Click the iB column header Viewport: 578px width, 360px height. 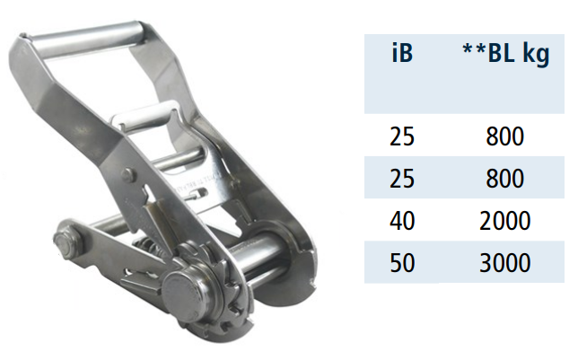(x=402, y=53)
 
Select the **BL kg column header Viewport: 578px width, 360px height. (x=506, y=55)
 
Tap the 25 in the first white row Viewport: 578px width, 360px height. (x=402, y=136)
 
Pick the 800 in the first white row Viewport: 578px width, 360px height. (x=505, y=136)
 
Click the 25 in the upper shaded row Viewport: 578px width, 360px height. (x=402, y=179)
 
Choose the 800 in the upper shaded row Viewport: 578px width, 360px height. (x=505, y=179)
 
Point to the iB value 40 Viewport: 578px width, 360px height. (x=402, y=221)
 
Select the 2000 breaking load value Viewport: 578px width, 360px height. (x=505, y=221)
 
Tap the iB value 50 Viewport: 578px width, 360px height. (x=402, y=263)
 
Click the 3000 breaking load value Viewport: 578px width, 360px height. (x=505, y=263)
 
